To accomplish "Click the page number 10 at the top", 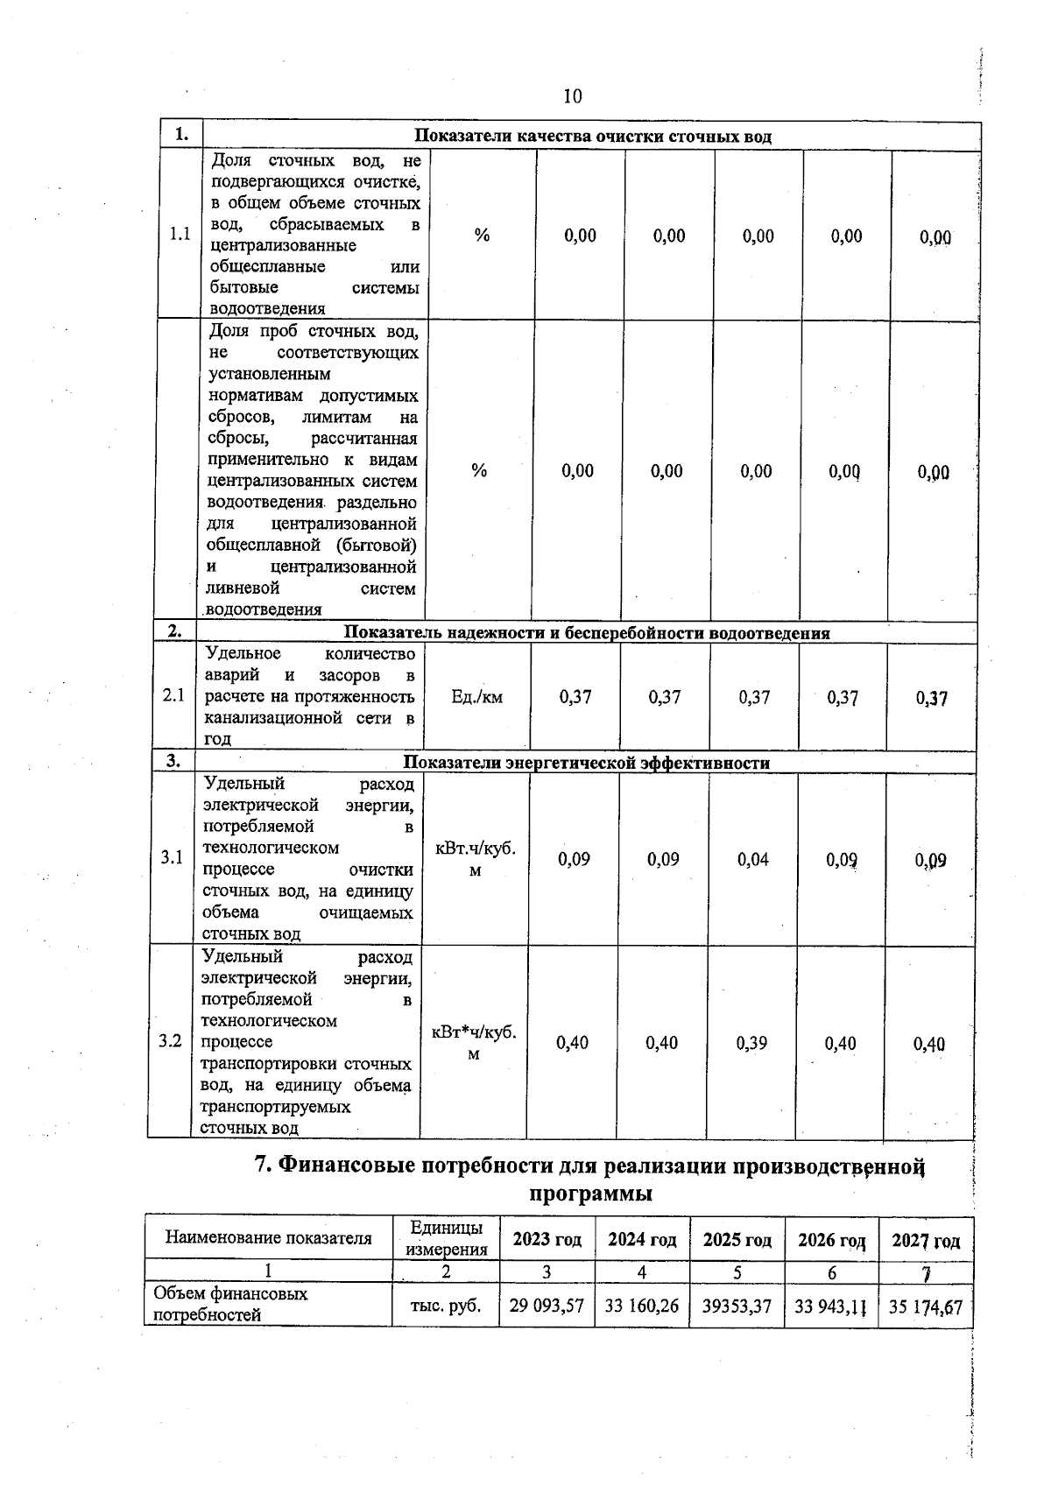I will pos(572,95).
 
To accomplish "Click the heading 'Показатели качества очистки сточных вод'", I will pos(592,136).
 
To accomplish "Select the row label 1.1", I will pos(180,235).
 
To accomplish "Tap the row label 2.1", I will pos(173,696).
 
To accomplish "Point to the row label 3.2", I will pos(170,1041).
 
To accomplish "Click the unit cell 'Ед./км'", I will pos(476,697).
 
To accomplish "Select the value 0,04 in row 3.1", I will pos(752,859).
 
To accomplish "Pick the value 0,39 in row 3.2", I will pos(751,1043).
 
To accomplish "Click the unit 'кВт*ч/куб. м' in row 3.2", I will pos(474,1043).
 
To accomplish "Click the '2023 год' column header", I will pos(547,1240).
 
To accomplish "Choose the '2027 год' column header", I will pos(926,1241).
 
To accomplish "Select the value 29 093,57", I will pos(547,1306).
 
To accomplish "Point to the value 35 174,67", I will pos(925,1307).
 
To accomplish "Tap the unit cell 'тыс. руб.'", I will pos(446,1306).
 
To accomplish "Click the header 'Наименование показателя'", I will pos(269,1238).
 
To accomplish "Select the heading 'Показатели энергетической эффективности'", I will pos(586,763).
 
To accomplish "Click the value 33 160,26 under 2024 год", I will pos(642,1306).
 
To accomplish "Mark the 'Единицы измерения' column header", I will pos(446,1238).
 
